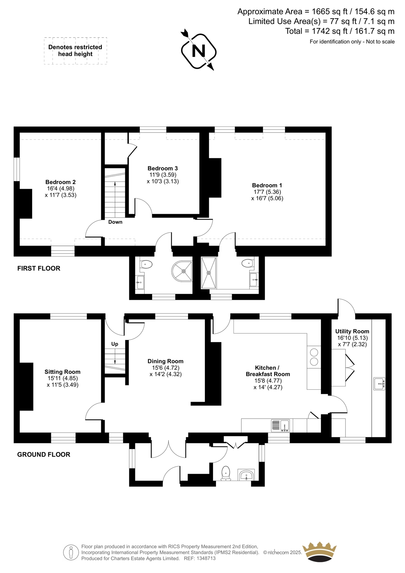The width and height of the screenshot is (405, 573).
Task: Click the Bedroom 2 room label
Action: pos(61,182)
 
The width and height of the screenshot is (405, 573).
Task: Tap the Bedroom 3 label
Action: pos(163,168)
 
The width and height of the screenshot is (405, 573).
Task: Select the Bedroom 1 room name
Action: pos(267,185)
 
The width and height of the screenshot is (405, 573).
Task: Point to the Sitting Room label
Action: pos(62,372)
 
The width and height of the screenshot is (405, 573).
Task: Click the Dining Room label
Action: pos(165,361)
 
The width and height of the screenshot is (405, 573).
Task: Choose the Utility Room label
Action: pos(352,331)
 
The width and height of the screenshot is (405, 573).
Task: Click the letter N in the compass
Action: pos(198,51)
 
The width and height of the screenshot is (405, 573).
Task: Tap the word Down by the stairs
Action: pos(115,222)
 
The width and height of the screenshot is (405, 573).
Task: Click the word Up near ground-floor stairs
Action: pos(115,344)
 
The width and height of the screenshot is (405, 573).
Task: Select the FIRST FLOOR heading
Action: pos(39,268)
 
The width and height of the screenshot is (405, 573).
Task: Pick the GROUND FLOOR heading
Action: pos(43,454)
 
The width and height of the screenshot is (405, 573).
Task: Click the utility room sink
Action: pos(379,384)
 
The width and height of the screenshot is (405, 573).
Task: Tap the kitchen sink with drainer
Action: pos(280,426)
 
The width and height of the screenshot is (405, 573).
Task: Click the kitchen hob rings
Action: pos(314,357)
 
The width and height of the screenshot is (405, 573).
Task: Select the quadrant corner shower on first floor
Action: pos(182,271)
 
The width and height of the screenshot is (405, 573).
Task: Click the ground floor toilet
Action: pos(225,473)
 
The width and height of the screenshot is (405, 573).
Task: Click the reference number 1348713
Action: pos(206,558)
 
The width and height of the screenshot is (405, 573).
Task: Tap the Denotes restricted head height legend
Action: pos(75,50)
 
